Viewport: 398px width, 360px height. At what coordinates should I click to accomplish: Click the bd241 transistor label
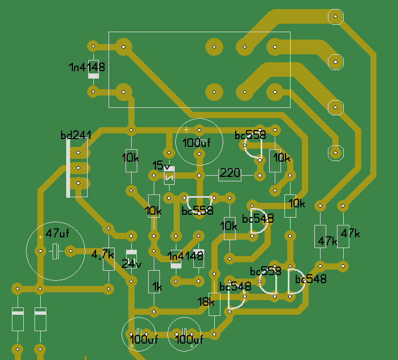tap(76, 135)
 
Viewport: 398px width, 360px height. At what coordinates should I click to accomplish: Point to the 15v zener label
tap(162, 166)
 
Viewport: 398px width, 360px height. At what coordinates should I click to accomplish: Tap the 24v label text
tap(131, 264)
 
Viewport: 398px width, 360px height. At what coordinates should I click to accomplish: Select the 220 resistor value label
tap(230, 173)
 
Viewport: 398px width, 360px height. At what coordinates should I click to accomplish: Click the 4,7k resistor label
tap(102, 254)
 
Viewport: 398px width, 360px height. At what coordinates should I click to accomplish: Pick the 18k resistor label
tap(206, 302)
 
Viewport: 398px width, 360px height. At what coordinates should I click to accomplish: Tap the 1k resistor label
tap(157, 287)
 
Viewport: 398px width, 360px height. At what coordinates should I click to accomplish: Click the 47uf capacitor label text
tap(57, 233)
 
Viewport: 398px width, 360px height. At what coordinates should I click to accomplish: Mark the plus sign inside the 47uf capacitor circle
tap(41, 237)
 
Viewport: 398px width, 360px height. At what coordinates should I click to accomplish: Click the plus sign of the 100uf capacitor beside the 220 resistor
tap(187, 129)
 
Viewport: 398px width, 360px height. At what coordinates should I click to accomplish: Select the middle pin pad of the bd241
tap(78, 168)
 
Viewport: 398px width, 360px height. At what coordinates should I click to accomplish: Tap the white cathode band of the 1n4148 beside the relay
tap(93, 76)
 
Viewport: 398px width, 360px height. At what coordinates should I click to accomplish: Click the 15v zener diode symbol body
tap(169, 176)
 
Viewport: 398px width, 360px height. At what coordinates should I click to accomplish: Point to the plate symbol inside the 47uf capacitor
tap(55, 251)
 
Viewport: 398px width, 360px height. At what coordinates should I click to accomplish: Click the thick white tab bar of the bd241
tap(68, 168)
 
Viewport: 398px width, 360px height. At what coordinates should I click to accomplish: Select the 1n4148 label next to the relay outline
tap(87, 67)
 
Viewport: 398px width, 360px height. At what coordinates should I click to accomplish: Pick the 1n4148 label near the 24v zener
tap(185, 256)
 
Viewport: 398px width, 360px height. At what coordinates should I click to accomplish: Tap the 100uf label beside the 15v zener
tap(196, 143)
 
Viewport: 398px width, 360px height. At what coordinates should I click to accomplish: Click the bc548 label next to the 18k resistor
tap(235, 287)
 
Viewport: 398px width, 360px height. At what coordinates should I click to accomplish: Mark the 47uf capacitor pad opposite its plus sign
tap(71, 251)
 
